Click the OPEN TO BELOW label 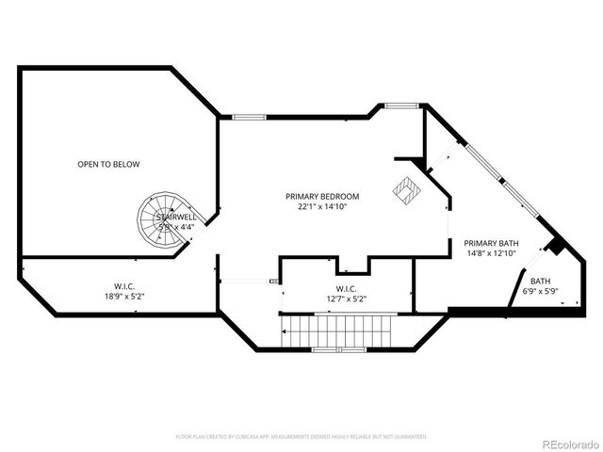tap(108, 165)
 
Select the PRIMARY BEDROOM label tap(322, 196)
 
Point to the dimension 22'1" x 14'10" tap(322, 206)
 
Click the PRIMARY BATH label tap(491, 243)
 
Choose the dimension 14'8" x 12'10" tap(491, 252)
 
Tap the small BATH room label tap(540, 281)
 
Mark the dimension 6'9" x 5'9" tap(540, 290)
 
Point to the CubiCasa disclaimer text tap(301, 437)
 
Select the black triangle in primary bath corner tap(556, 246)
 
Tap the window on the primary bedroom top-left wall tap(249, 117)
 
